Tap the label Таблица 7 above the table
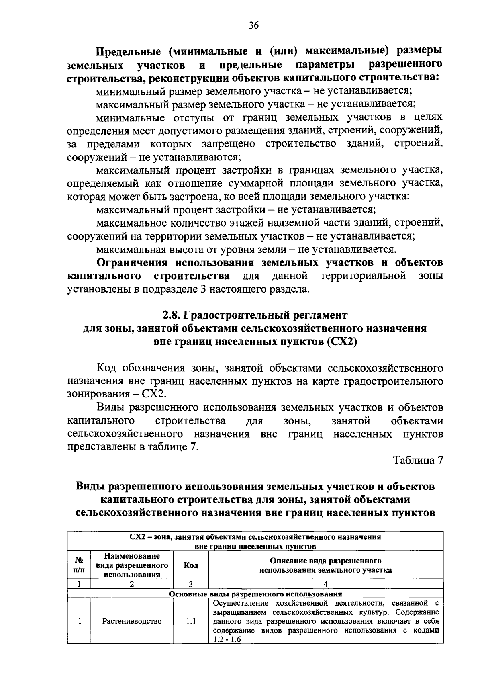coord(418,461)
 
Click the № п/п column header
coord(79,565)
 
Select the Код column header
coord(190,565)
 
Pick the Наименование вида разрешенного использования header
coord(132,565)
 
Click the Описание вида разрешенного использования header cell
coord(325,565)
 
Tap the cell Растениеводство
coord(132,621)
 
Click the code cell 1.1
coord(191,621)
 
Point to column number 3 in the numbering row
coord(191,584)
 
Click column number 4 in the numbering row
coord(325,584)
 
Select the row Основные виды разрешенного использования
coord(255,594)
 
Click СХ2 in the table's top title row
coord(139,537)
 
